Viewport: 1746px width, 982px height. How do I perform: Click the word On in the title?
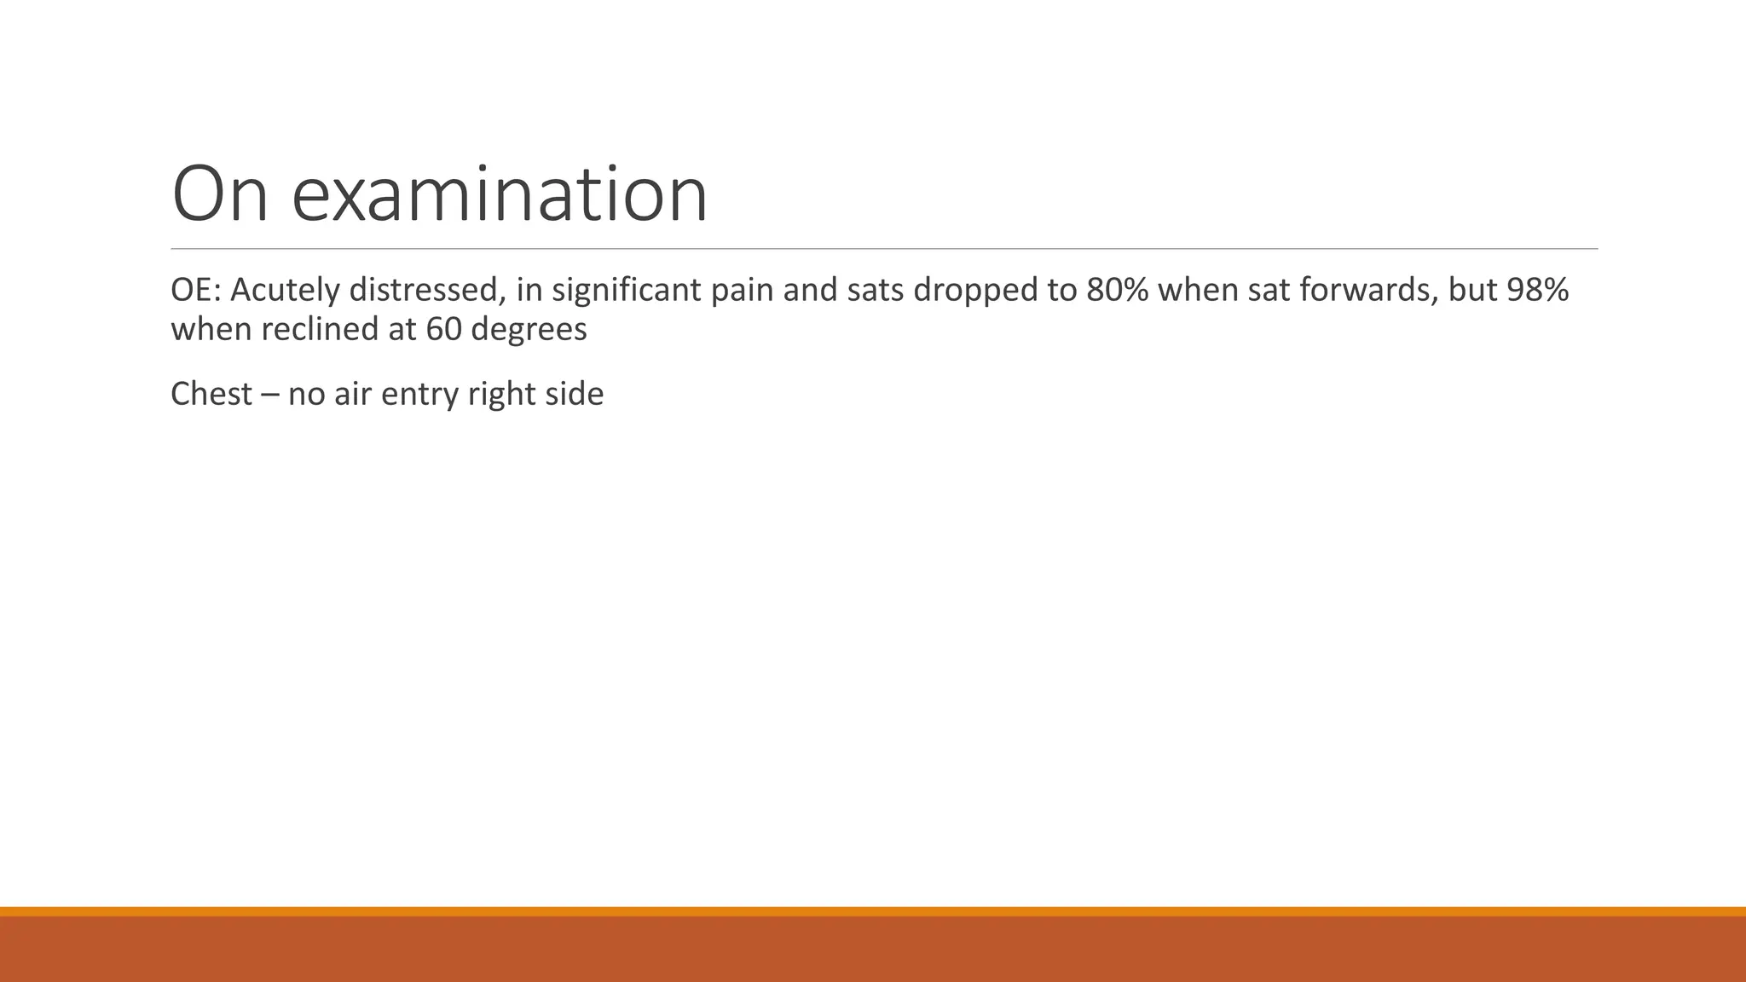click(x=220, y=194)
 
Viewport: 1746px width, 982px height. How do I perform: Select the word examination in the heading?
click(x=500, y=194)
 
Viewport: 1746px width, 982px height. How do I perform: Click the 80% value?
click(x=1117, y=291)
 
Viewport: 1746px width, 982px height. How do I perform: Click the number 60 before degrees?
click(x=443, y=329)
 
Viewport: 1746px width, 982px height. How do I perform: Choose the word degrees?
click(x=529, y=329)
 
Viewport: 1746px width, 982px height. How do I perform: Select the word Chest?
click(x=211, y=394)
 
